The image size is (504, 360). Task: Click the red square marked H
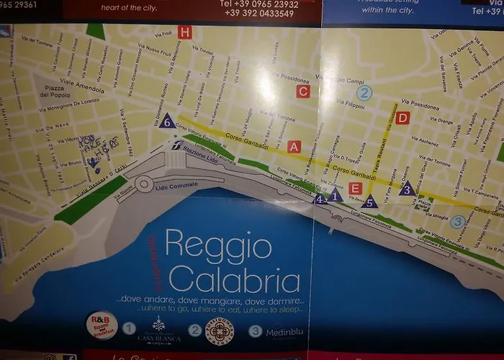[186, 32]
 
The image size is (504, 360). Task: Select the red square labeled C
[302, 91]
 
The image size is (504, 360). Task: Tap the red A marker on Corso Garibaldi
[293, 146]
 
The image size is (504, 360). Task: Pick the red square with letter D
[402, 118]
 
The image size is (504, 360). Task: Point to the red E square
[354, 189]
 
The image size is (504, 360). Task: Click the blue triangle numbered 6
[166, 121]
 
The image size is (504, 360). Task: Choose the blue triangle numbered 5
[369, 202]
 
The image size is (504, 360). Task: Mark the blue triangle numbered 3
[407, 189]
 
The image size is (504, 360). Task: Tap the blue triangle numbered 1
[335, 194]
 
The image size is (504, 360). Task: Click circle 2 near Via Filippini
[364, 92]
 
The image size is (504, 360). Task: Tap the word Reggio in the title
[218, 246]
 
